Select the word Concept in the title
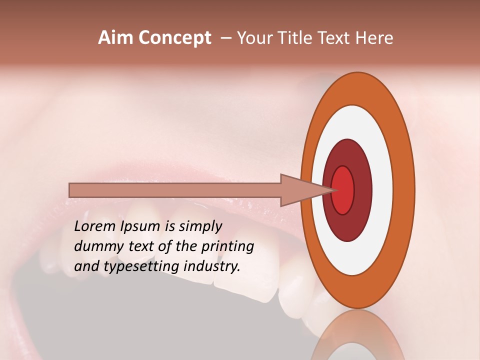(x=174, y=38)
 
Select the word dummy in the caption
(x=96, y=246)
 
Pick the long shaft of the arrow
(x=175, y=190)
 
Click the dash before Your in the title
(x=226, y=38)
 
